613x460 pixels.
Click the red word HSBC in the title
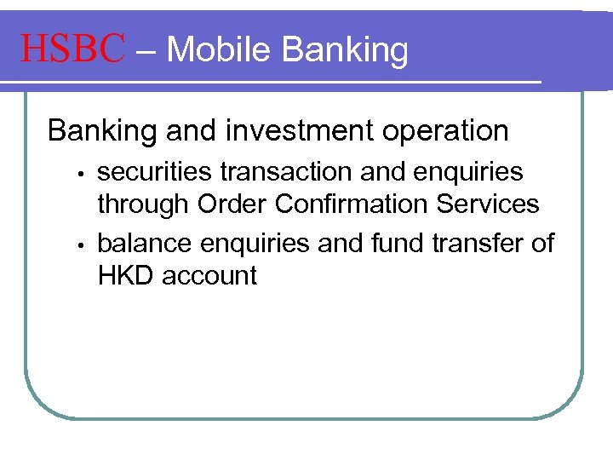click(73, 49)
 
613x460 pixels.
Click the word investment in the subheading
click(295, 131)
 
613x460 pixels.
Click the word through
click(144, 204)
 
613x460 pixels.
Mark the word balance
click(145, 244)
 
